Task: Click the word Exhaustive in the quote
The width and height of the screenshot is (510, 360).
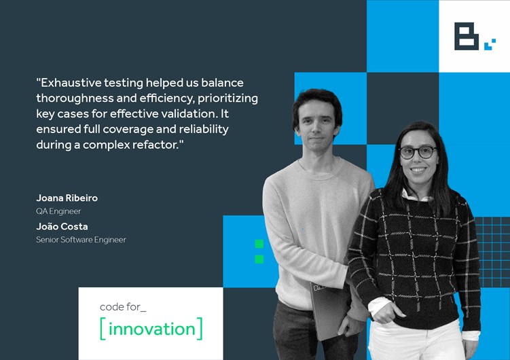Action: pyautogui.click(x=71, y=83)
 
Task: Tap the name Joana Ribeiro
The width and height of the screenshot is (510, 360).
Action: pyautogui.click(x=67, y=198)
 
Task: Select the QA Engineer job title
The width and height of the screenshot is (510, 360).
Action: pyautogui.click(x=58, y=211)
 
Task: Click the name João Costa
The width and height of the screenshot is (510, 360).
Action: pyautogui.click(x=62, y=226)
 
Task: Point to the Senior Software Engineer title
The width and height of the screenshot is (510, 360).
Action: pyautogui.click(x=81, y=240)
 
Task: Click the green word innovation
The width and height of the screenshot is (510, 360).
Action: pyautogui.click(x=151, y=329)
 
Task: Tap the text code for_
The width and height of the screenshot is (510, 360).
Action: pyautogui.click(x=123, y=307)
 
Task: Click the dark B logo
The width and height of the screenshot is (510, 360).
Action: pyautogui.click(x=467, y=36)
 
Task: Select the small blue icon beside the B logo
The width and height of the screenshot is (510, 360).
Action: pyautogui.click(x=490, y=45)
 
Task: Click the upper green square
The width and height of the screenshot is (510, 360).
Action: pyautogui.click(x=259, y=244)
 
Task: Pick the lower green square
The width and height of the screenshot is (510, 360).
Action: pyautogui.click(x=259, y=259)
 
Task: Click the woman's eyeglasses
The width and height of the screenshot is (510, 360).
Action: pyautogui.click(x=418, y=152)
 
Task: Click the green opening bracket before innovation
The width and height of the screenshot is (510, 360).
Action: pyautogui.click(x=103, y=329)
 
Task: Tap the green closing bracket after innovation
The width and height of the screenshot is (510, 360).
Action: pyautogui.click(x=200, y=329)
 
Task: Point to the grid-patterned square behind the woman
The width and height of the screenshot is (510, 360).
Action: pyautogui.click(x=493, y=252)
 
